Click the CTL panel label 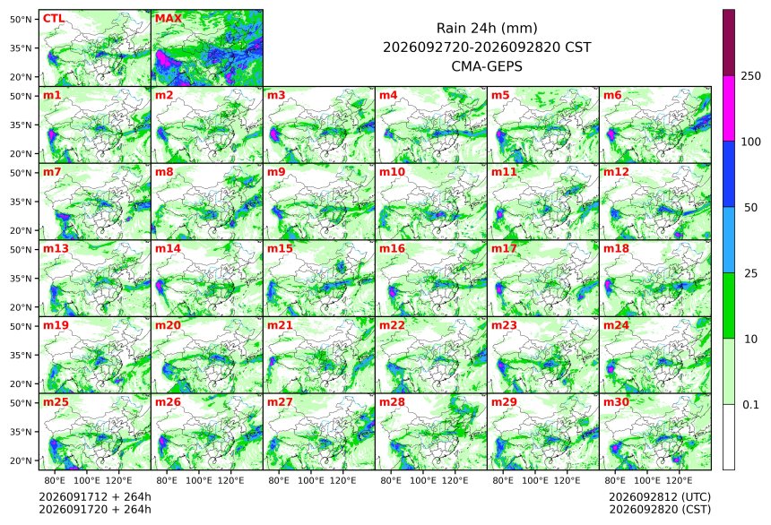[54, 19]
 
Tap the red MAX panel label [169, 19]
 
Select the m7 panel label [52, 171]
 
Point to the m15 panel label [280, 248]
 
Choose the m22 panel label [392, 325]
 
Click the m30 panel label [616, 401]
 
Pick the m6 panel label [612, 95]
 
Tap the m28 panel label [392, 401]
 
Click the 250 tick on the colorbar [750, 75]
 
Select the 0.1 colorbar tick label [750, 405]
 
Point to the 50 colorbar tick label [750, 208]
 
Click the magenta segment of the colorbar [729, 108]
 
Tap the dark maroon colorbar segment [729, 42]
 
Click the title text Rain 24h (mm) [487, 28]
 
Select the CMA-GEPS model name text [487, 66]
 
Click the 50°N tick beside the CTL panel [21, 19]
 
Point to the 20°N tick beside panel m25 [21, 460]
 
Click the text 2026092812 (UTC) [660, 497]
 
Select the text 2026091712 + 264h [95, 497]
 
